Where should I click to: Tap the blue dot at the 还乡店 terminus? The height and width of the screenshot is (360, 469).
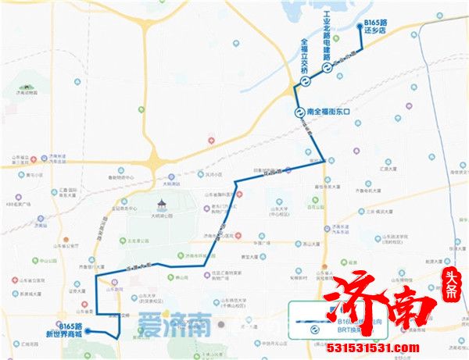coord(359,27)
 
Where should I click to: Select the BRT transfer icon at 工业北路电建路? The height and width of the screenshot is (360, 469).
coord(328,68)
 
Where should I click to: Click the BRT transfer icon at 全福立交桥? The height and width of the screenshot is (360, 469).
coord(303,80)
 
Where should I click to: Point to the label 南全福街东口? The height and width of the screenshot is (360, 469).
coord(331,112)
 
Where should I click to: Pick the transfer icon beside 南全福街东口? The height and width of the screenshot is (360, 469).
coord(299,112)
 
